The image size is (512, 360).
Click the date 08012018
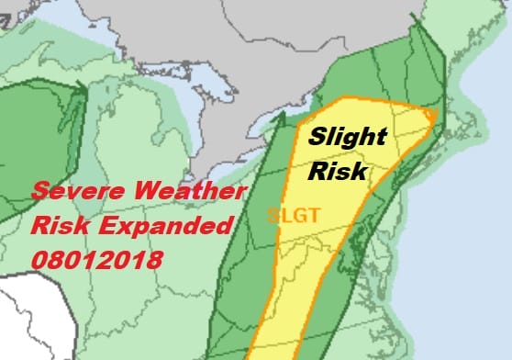tap(96, 260)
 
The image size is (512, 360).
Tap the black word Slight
tap(347, 139)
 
